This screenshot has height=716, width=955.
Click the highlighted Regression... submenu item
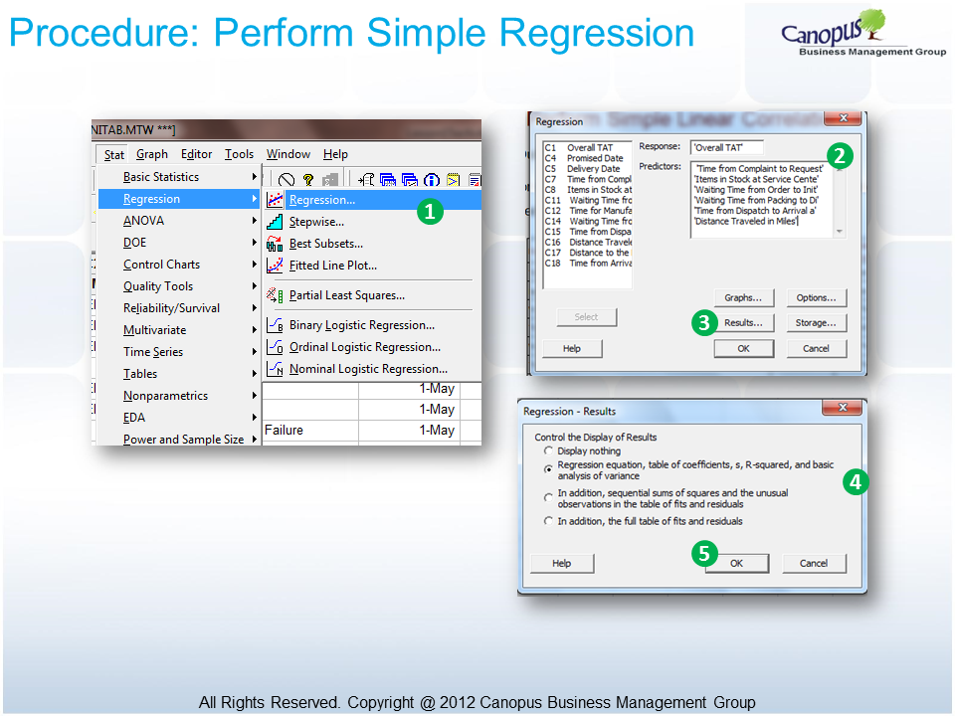click(321, 200)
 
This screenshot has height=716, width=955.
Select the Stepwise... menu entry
click(316, 222)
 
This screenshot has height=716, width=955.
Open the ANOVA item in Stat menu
click(144, 221)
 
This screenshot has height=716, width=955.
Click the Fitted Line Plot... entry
click(332, 266)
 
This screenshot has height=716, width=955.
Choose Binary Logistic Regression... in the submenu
click(361, 325)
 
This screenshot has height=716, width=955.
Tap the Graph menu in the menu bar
click(152, 154)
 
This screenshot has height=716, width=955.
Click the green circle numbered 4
click(855, 482)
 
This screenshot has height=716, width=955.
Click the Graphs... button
click(743, 297)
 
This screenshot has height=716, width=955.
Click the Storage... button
click(816, 322)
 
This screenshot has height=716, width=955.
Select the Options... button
click(816, 297)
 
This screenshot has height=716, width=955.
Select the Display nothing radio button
click(548, 450)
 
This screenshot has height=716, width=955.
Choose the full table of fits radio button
click(548, 521)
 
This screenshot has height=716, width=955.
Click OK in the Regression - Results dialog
click(736, 563)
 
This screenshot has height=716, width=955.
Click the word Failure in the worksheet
click(284, 431)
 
